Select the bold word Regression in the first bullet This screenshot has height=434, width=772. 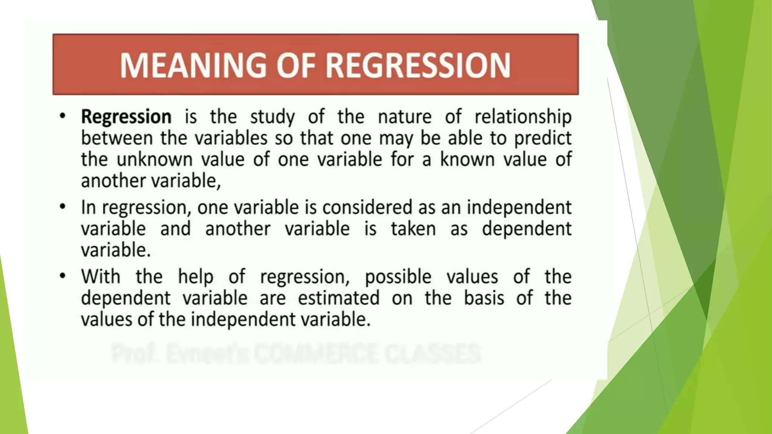[x=126, y=116]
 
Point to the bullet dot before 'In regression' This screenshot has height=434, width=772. [x=63, y=206]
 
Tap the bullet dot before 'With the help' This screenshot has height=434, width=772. [x=63, y=276]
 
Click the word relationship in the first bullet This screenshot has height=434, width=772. [x=523, y=116]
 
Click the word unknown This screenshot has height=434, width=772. [x=155, y=159]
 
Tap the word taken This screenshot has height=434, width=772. [x=413, y=229]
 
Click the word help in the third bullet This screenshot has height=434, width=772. [x=196, y=277]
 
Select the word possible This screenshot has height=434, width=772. [x=398, y=277]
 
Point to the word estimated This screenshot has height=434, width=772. [x=339, y=298]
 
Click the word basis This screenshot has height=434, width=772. [x=484, y=298]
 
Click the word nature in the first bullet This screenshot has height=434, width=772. [x=404, y=116]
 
